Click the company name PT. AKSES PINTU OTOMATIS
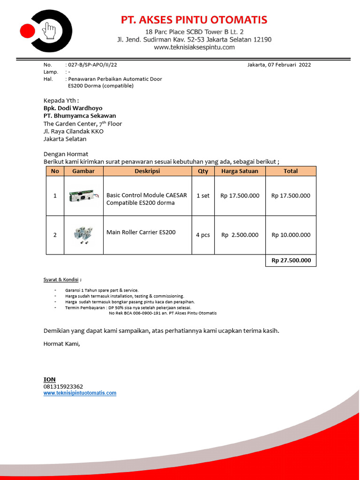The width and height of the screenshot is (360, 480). coord(194,20)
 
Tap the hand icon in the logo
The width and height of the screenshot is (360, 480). coord(49,31)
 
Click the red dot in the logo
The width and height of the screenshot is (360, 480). coord(28,31)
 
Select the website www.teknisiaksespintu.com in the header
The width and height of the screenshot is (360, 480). coord(194,47)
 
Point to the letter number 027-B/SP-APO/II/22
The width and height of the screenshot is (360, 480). coord(92,65)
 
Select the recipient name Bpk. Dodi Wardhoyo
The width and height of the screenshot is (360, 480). coord(73,108)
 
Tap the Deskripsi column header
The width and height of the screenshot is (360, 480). coord(147,171)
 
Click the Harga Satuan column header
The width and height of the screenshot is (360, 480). coord(240,171)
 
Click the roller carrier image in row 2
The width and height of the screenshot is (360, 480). coord(83,234)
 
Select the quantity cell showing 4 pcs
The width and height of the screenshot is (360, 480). coord(203,235)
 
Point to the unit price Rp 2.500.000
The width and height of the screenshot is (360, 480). coord(240,235)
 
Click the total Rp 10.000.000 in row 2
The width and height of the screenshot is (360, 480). coord(291,235)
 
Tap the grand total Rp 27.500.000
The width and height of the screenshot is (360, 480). coord(291,261)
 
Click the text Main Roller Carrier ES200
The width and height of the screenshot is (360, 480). coord(141,232)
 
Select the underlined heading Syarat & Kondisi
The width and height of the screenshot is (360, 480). coord(61,280)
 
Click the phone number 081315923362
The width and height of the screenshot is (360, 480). coord(63,387)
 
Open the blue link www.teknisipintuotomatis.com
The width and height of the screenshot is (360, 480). coord(80,393)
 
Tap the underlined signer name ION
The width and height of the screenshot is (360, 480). coord(49,379)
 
